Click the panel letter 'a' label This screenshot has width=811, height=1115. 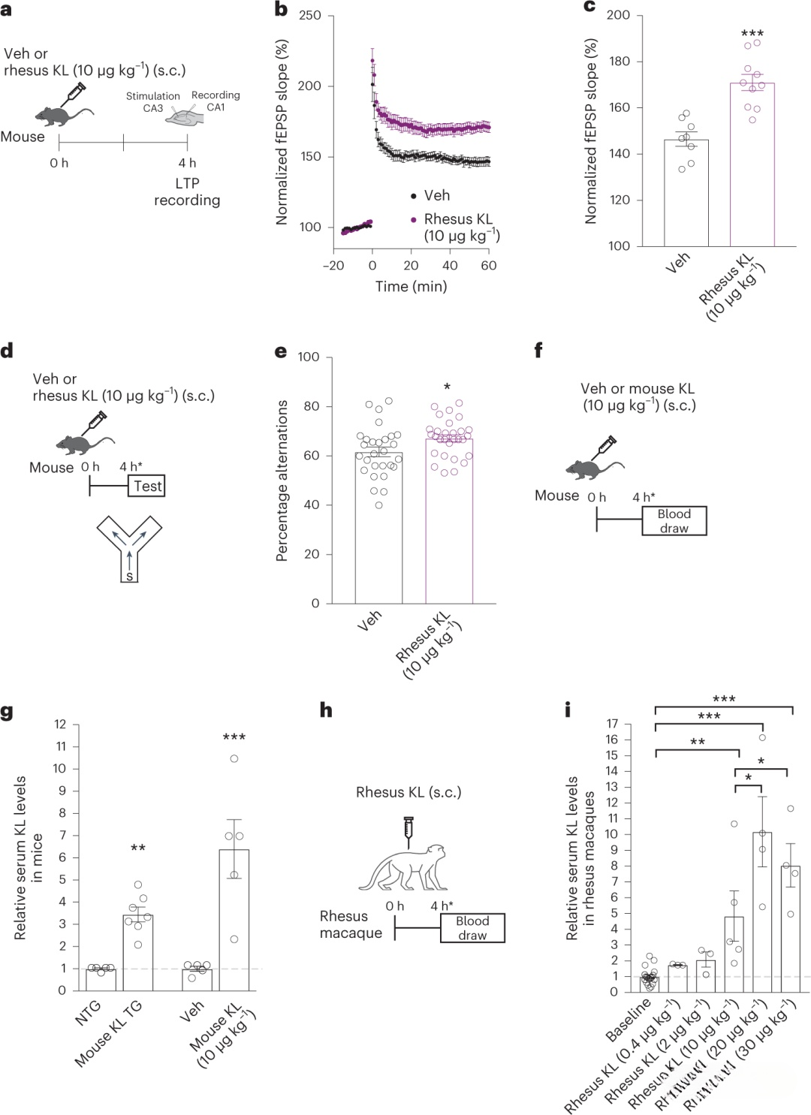tap(6, 11)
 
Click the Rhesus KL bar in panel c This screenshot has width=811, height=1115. tap(752, 165)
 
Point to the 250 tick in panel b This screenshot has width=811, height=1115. tap(309, 16)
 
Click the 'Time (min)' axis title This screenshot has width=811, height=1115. tap(411, 287)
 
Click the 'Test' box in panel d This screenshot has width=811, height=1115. tap(147, 487)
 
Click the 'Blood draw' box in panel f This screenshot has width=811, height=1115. tap(674, 521)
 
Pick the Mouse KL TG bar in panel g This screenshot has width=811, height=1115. tap(138, 952)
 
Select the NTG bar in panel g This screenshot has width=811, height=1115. tap(101, 979)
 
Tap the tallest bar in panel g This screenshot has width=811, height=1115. tap(234, 920)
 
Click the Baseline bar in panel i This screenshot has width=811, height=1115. tap(650, 984)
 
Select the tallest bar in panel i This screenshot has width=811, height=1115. tap(762, 912)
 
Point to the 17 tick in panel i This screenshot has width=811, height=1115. tap(613, 724)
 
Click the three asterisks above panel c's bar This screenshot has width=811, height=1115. tap(752, 34)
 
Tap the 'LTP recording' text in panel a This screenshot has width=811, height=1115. tap(187, 192)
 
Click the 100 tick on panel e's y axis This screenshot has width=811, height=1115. tap(309, 357)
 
